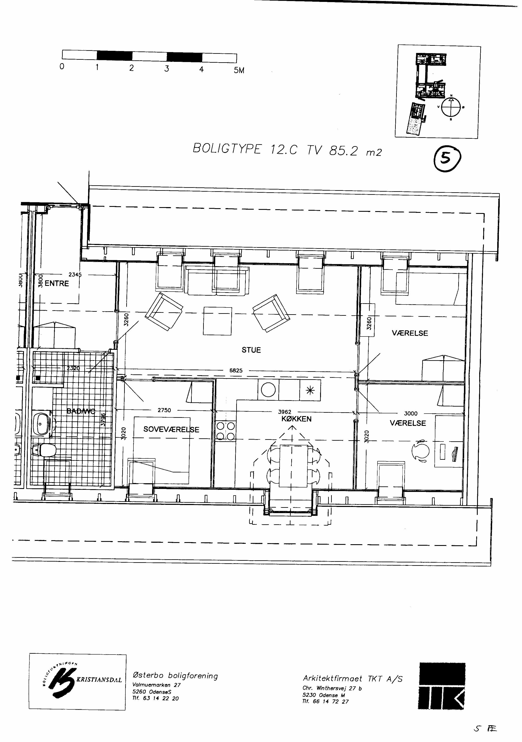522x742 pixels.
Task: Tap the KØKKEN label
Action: click(296, 419)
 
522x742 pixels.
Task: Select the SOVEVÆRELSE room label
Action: click(171, 429)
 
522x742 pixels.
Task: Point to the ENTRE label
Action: click(57, 283)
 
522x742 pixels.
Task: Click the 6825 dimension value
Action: click(236, 371)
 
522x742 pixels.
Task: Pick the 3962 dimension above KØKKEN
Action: click(285, 412)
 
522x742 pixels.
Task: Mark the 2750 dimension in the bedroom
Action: click(164, 410)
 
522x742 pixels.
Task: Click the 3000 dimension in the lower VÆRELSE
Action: click(411, 413)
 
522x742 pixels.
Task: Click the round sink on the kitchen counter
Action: click(268, 390)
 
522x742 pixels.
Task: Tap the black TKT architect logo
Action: click(442, 685)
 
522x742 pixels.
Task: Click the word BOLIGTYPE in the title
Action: click(227, 149)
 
